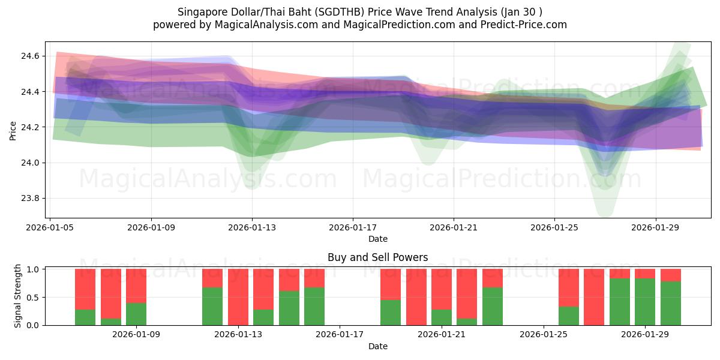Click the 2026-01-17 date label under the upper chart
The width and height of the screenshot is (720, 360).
tap(352, 227)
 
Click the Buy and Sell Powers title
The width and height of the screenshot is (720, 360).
tap(377, 257)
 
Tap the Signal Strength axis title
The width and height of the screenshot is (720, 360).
tap(18, 296)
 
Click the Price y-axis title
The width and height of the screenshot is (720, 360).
tap(13, 130)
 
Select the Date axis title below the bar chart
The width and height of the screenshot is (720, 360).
tap(377, 346)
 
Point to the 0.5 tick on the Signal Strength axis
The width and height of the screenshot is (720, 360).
tap(33, 298)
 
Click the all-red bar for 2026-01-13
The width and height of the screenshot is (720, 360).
tap(238, 297)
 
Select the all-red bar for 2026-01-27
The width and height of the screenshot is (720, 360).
tap(594, 297)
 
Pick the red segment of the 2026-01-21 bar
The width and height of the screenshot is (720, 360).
tap(442, 289)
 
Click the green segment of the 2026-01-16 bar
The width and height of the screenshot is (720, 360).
tap(314, 307)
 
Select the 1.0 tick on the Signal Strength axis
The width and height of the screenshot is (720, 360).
tap(33, 269)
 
